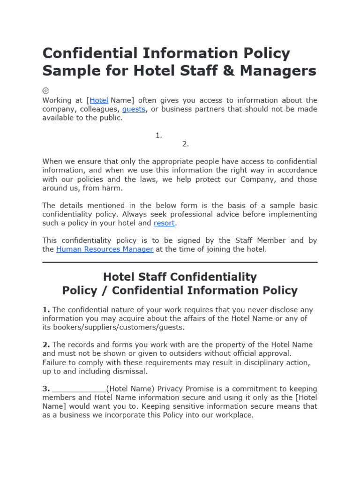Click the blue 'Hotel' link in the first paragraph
pyautogui.click(x=99, y=100)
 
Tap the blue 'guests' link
pyautogui.click(x=134, y=109)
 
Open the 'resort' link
pyautogui.click(x=164, y=223)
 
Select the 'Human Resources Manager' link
pyautogui.click(x=105, y=249)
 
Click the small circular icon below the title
pyautogui.click(x=45, y=90)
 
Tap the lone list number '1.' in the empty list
pyautogui.click(x=159, y=135)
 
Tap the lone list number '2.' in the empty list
pyautogui.click(x=186, y=144)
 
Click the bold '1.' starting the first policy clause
pyautogui.click(x=46, y=310)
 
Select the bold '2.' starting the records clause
pyautogui.click(x=46, y=345)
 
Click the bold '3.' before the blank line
pyautogui.click(x=46, y=389)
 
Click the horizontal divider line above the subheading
pyautogui.click(x=180, y=262)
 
